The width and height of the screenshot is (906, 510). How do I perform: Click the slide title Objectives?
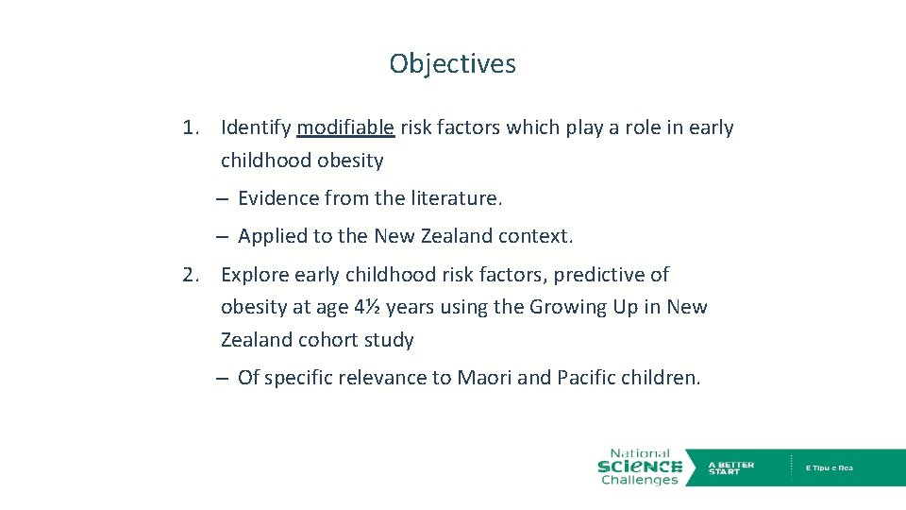point(452,64)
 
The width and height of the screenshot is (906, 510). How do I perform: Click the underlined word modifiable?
point(345,127)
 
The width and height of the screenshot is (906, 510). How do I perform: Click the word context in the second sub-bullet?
point(536,236)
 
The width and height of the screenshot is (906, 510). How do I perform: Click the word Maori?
point(484,379)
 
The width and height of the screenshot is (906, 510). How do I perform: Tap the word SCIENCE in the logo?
point(640,467)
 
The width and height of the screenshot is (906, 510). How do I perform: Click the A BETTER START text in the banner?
point(730,467)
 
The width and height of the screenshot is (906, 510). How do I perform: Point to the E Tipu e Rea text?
point(830,467)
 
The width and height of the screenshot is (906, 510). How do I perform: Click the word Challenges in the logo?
point(640,480)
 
